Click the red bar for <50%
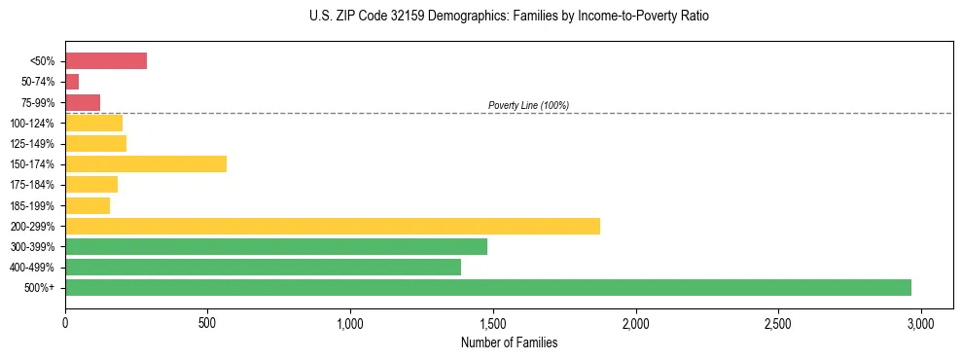coord(106,61)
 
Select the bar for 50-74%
coord(72,82)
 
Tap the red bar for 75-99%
coord(83,102)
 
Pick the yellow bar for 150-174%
coord(146,164)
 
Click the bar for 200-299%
coord(333,226)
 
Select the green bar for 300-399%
coord(276,246)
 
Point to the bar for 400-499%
coord(263,267)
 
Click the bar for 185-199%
coord(88,205)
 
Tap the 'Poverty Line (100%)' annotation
coord(528,105)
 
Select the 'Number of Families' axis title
coord(510,342)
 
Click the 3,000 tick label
coord(921,322)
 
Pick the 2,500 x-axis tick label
coord(778,322)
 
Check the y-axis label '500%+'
coord(42,288)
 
